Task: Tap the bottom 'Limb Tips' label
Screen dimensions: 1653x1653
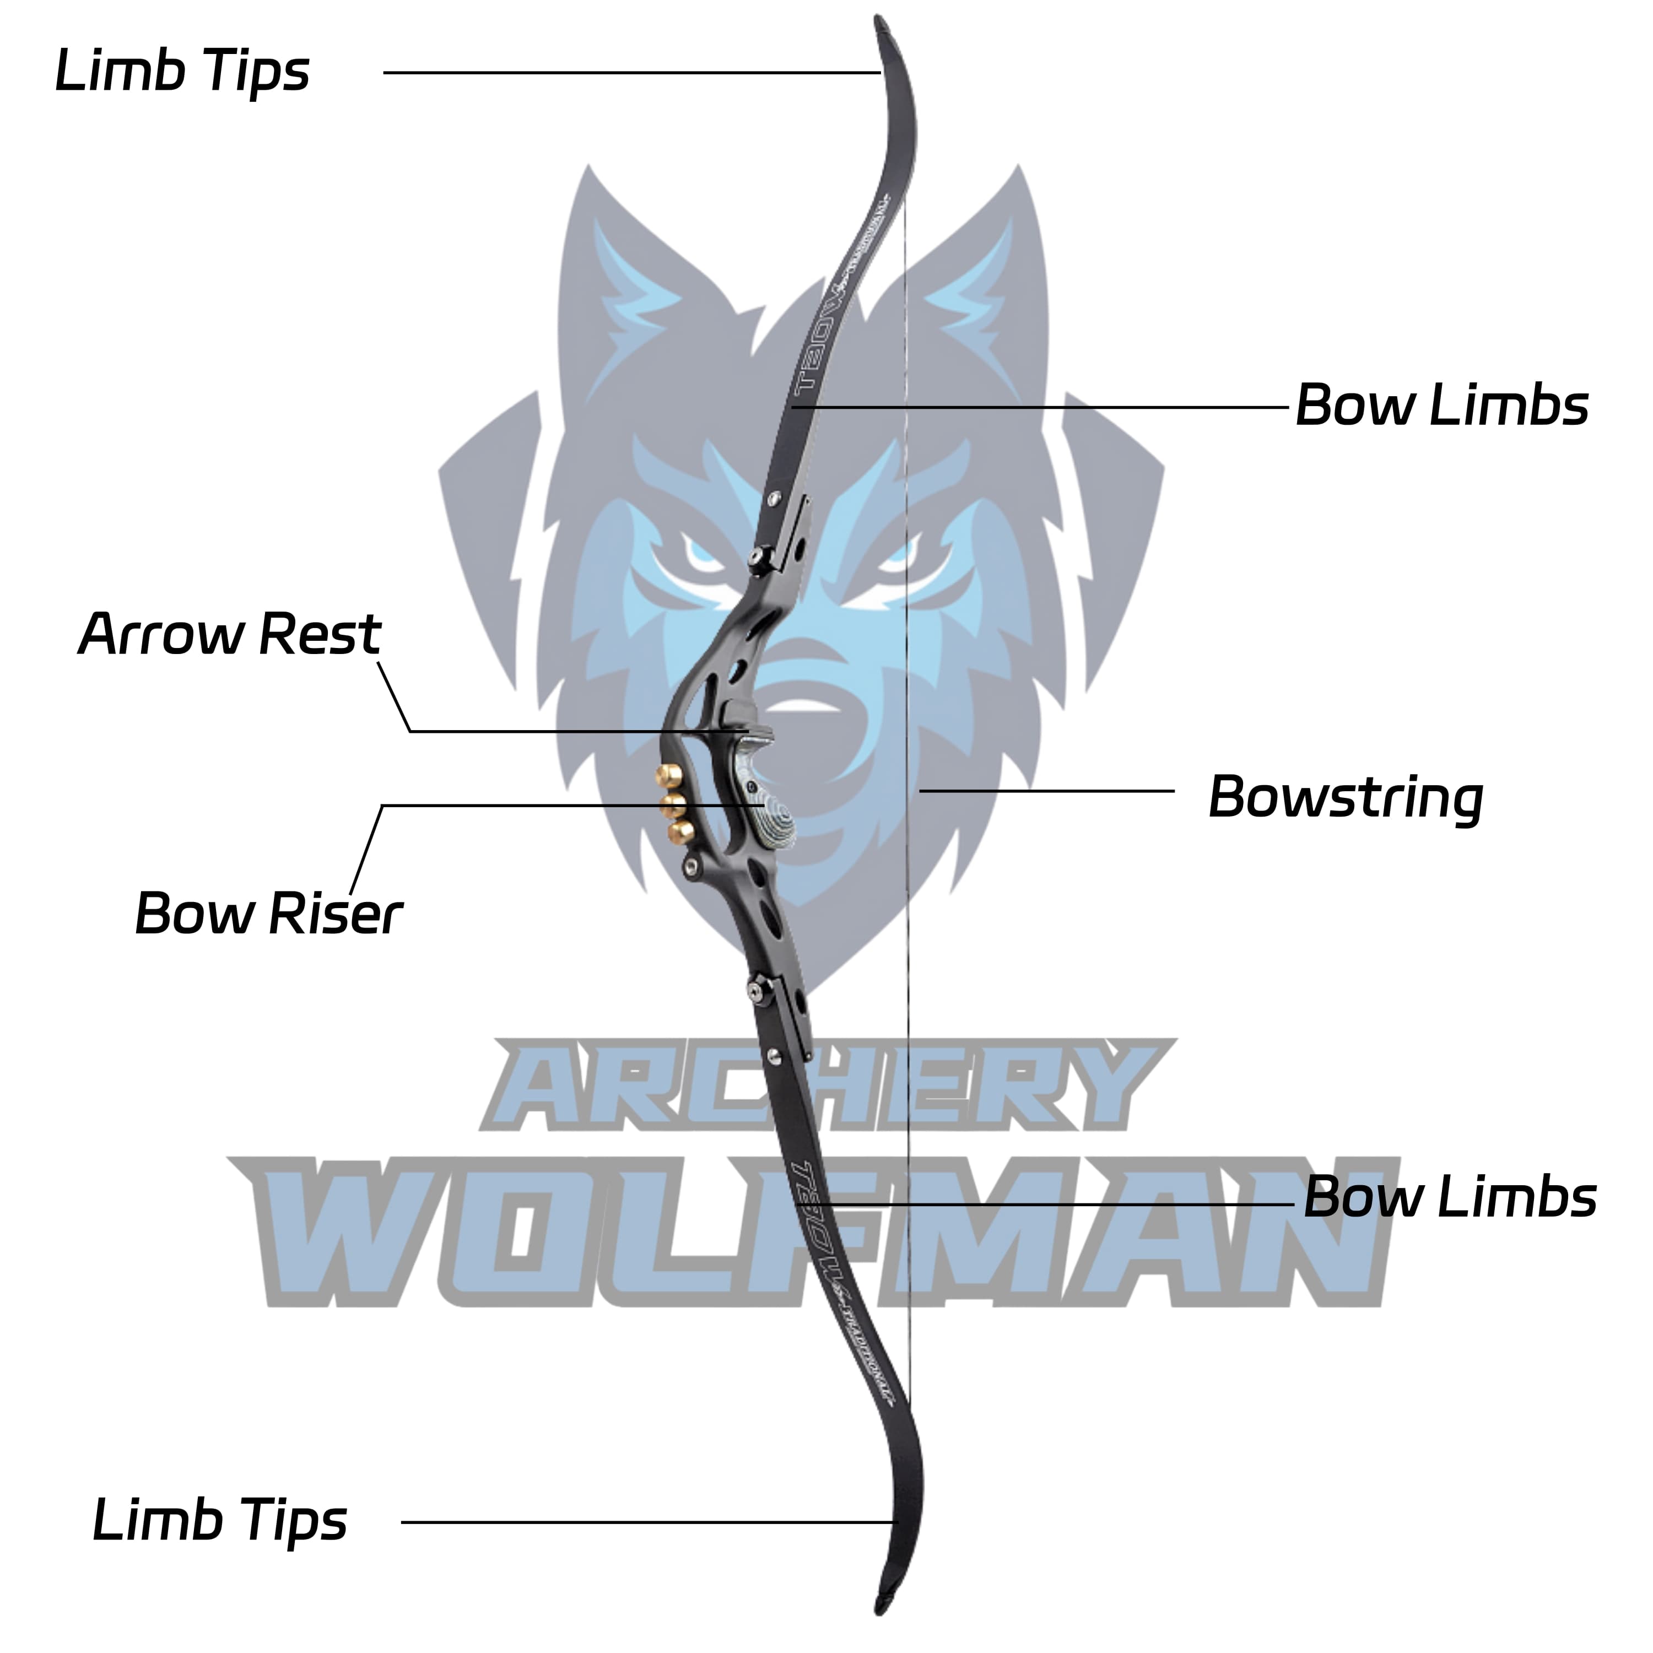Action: pos(220,1520)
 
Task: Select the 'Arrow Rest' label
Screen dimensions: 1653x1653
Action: pos(229,635)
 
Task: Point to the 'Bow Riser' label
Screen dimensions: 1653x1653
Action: pos(268,914)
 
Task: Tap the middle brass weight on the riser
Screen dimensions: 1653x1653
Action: pos(674,804)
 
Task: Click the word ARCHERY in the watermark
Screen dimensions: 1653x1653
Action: pos(825,1087)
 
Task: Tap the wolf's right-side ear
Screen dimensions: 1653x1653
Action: pos(984,274)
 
